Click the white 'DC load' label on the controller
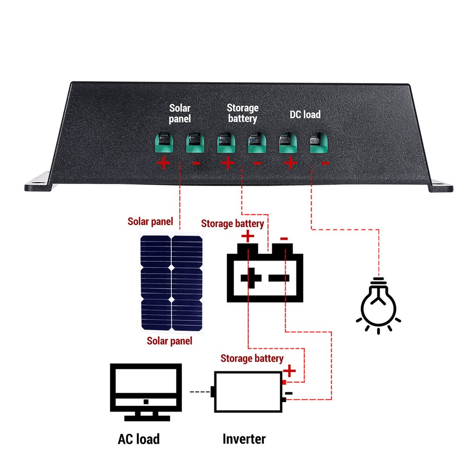pyautogui.click(x=305, y=114)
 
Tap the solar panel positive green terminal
pyautogui.click(x=164, y=143)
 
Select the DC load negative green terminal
pyautogui.click(x=319, y=143)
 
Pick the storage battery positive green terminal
pyautogui.click(x=226, y=143)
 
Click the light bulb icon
pyautogui.click(x=378, y=304)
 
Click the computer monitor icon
pyautogui.click(x=145, y=392)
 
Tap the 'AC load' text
pyautogui.click(x=138, y=439)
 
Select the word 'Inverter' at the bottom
pyautogui.click(x=244, y=439)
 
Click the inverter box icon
pyautogui.click(x=248, y=392)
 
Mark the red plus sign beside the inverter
pyautogui.click(x=290, y=371)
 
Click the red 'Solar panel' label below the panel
pyautogui.click(x=169, y=341)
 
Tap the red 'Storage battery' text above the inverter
pyautogui.click(x=252, y=358)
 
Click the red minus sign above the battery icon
pyautogui.click(x=284, y=239)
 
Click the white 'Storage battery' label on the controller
pyautogui.click(x=243, y=113)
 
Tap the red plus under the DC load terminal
pyautogui.click(x=290, y=163)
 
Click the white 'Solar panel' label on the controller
pyautogui.click(x=180, y=114)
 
